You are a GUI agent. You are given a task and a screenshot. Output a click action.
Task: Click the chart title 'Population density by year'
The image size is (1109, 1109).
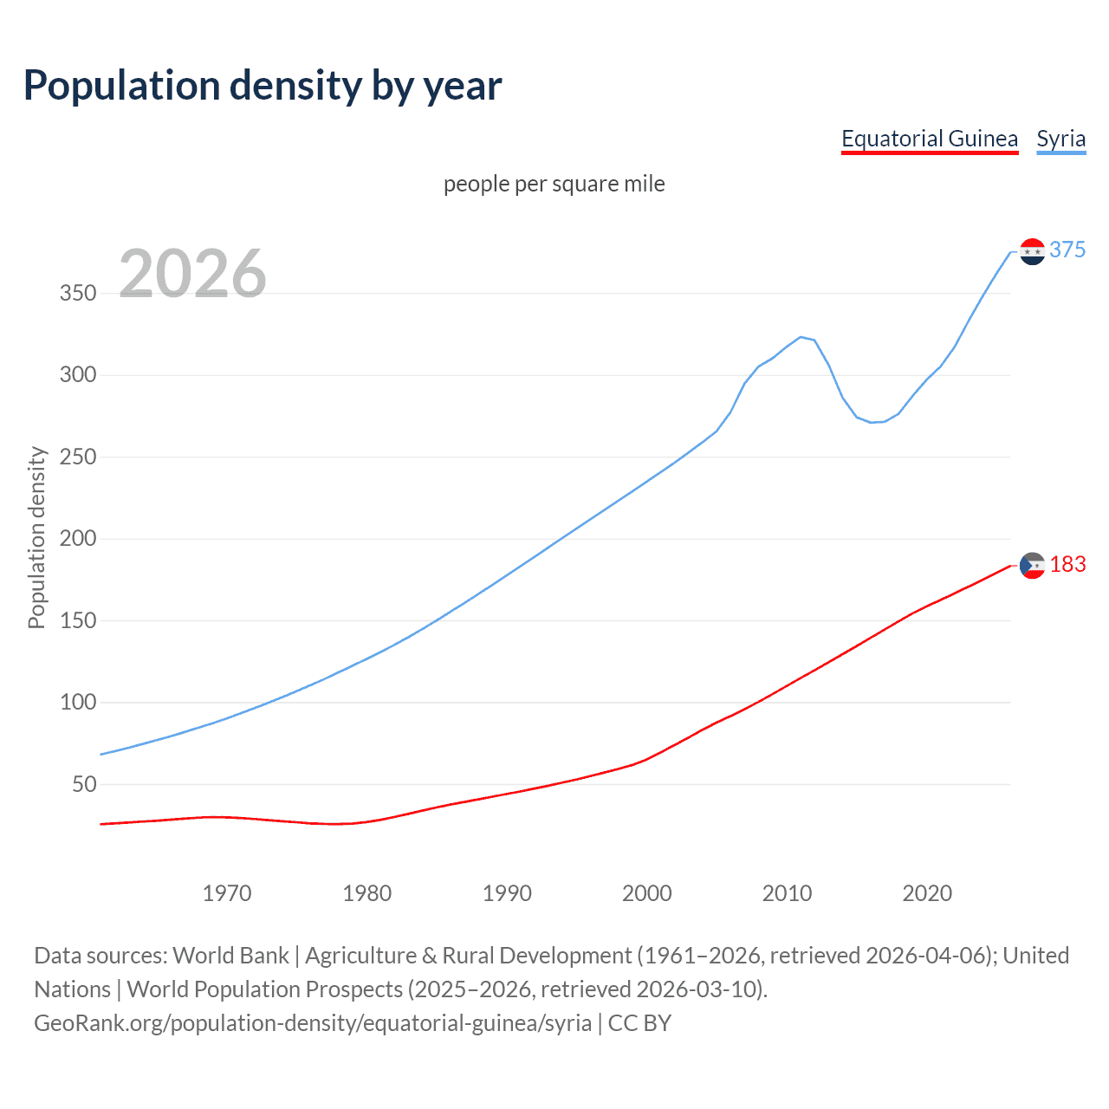point(263,85)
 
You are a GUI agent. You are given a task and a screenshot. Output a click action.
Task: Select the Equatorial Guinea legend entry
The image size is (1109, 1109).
point(930,139)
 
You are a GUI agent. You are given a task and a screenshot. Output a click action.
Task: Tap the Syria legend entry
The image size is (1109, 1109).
point(1061,139)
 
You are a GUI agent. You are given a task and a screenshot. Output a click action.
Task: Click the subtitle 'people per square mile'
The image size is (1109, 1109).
point(554,184)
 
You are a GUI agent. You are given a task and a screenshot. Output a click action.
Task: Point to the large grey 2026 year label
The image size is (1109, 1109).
point(192,274)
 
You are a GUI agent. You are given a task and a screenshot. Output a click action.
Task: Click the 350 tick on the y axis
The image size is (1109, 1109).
point(78,293)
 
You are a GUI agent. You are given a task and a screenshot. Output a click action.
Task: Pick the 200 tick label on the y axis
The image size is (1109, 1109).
point(78,538)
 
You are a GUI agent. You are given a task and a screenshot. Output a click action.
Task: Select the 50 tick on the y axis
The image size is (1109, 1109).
point(84,784)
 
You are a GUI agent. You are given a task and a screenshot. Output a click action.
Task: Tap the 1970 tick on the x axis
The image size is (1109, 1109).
point(227,893)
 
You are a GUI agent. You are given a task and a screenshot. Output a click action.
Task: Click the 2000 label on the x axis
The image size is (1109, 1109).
point(647,893)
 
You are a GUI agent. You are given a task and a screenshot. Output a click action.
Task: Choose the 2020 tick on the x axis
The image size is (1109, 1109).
point(927,893)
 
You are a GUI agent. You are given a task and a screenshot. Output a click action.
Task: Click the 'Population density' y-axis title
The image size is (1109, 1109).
point(36,537)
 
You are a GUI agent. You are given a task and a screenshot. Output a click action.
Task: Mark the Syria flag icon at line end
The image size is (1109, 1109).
point(1032,251)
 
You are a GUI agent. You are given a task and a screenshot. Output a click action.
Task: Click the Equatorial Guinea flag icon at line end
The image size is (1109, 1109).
point(1032,565)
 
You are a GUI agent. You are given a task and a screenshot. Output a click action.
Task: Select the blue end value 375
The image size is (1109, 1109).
point(1067,250)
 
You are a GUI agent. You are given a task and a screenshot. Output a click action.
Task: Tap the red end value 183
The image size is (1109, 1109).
point(1067,564)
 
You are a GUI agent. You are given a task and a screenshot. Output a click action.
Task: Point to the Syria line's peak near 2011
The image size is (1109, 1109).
point(801,337)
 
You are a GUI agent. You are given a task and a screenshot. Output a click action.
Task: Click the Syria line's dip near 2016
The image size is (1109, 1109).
point(872,422)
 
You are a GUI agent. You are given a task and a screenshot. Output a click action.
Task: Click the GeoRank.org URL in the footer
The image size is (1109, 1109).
point(313,1022)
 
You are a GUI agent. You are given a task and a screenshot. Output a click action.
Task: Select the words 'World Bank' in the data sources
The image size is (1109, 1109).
point(230,955)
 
